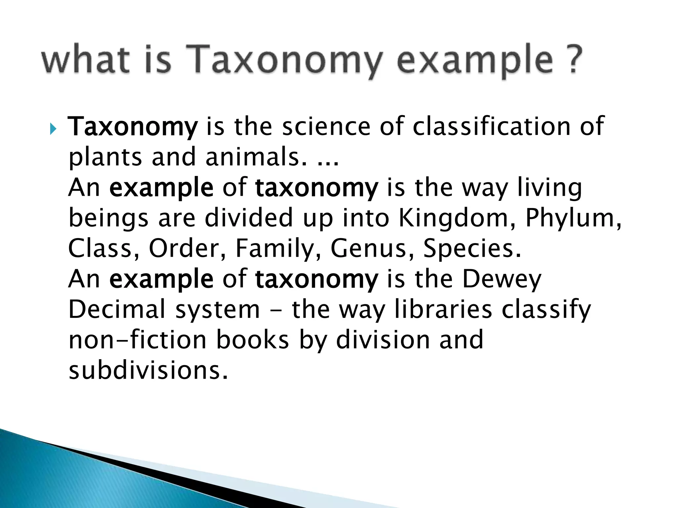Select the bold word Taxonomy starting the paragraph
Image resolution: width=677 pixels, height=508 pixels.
[x=133, y=127]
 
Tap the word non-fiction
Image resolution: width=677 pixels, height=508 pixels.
[x=138, y=340]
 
